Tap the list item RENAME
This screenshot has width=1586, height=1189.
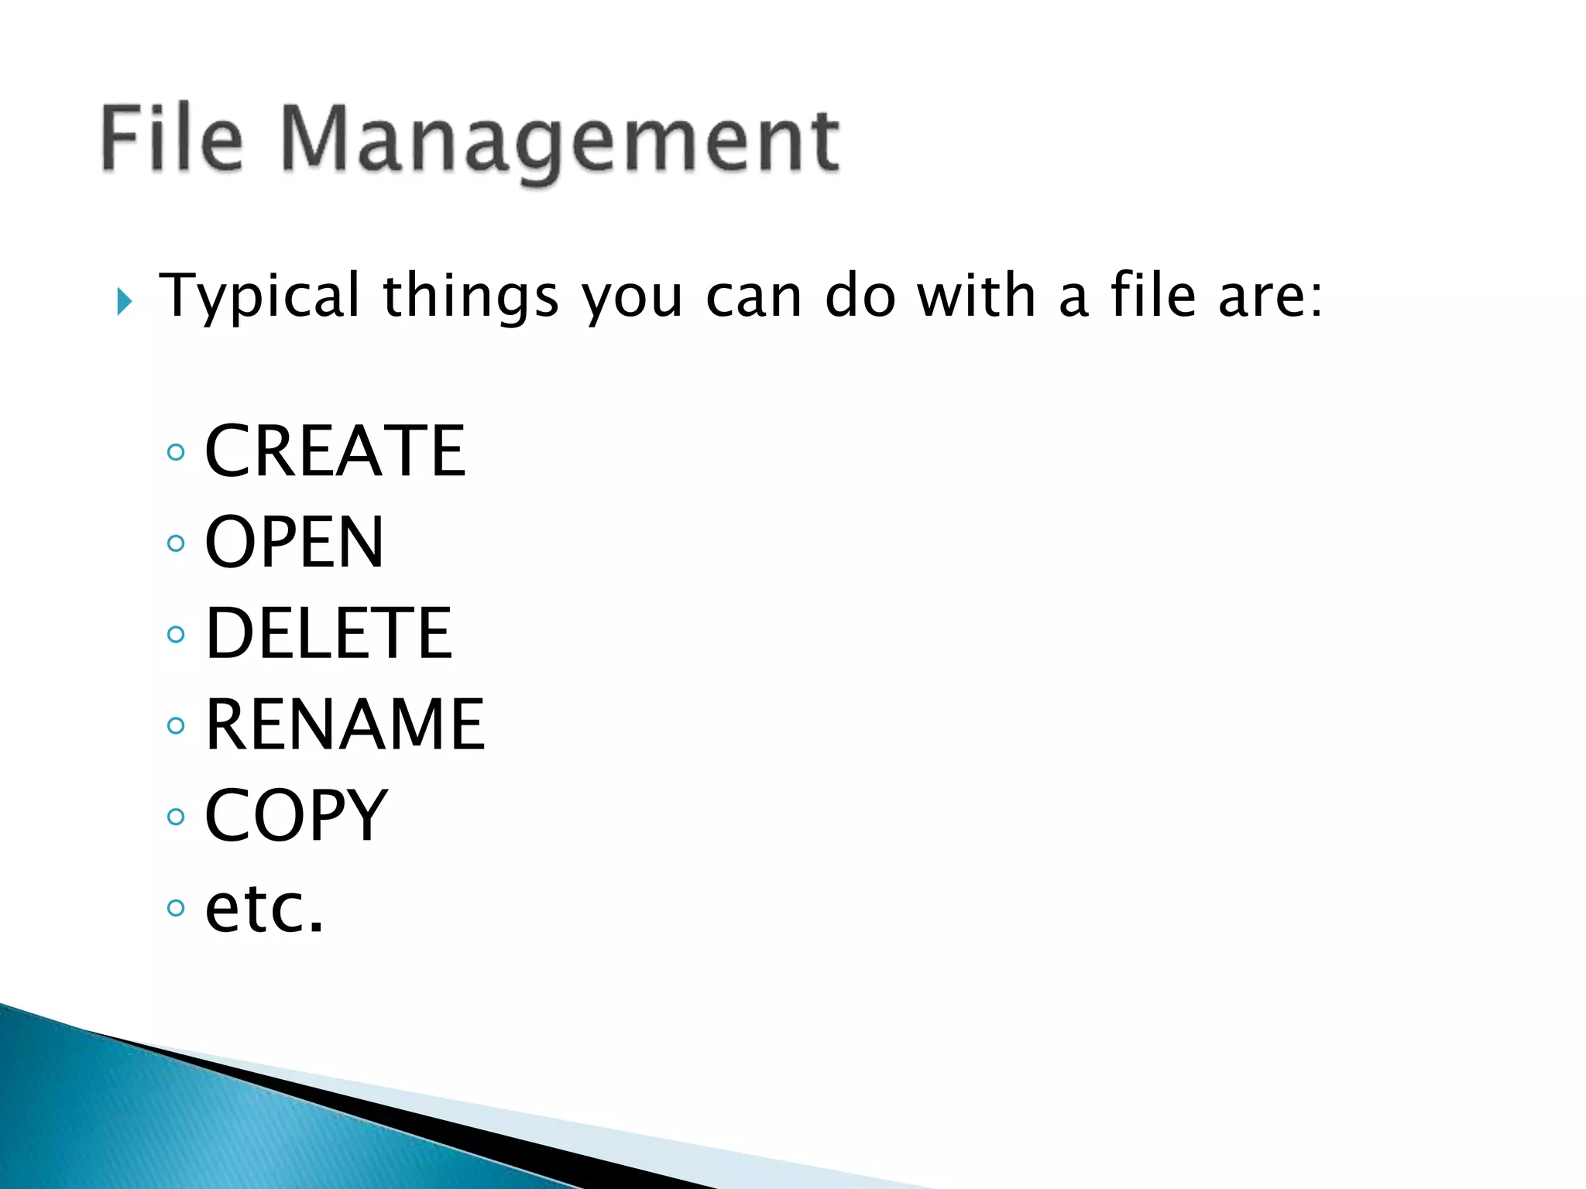coord(345,725)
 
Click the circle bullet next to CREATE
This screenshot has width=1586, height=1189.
coord(177,452)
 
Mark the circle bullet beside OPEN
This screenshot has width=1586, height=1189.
coord(177,543)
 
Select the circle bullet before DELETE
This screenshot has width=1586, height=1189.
coord(177,635)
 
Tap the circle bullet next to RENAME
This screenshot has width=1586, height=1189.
coord(177,725)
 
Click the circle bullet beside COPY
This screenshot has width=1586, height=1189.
coord(177,817)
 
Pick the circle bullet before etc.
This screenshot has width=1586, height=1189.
coord(177,908)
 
